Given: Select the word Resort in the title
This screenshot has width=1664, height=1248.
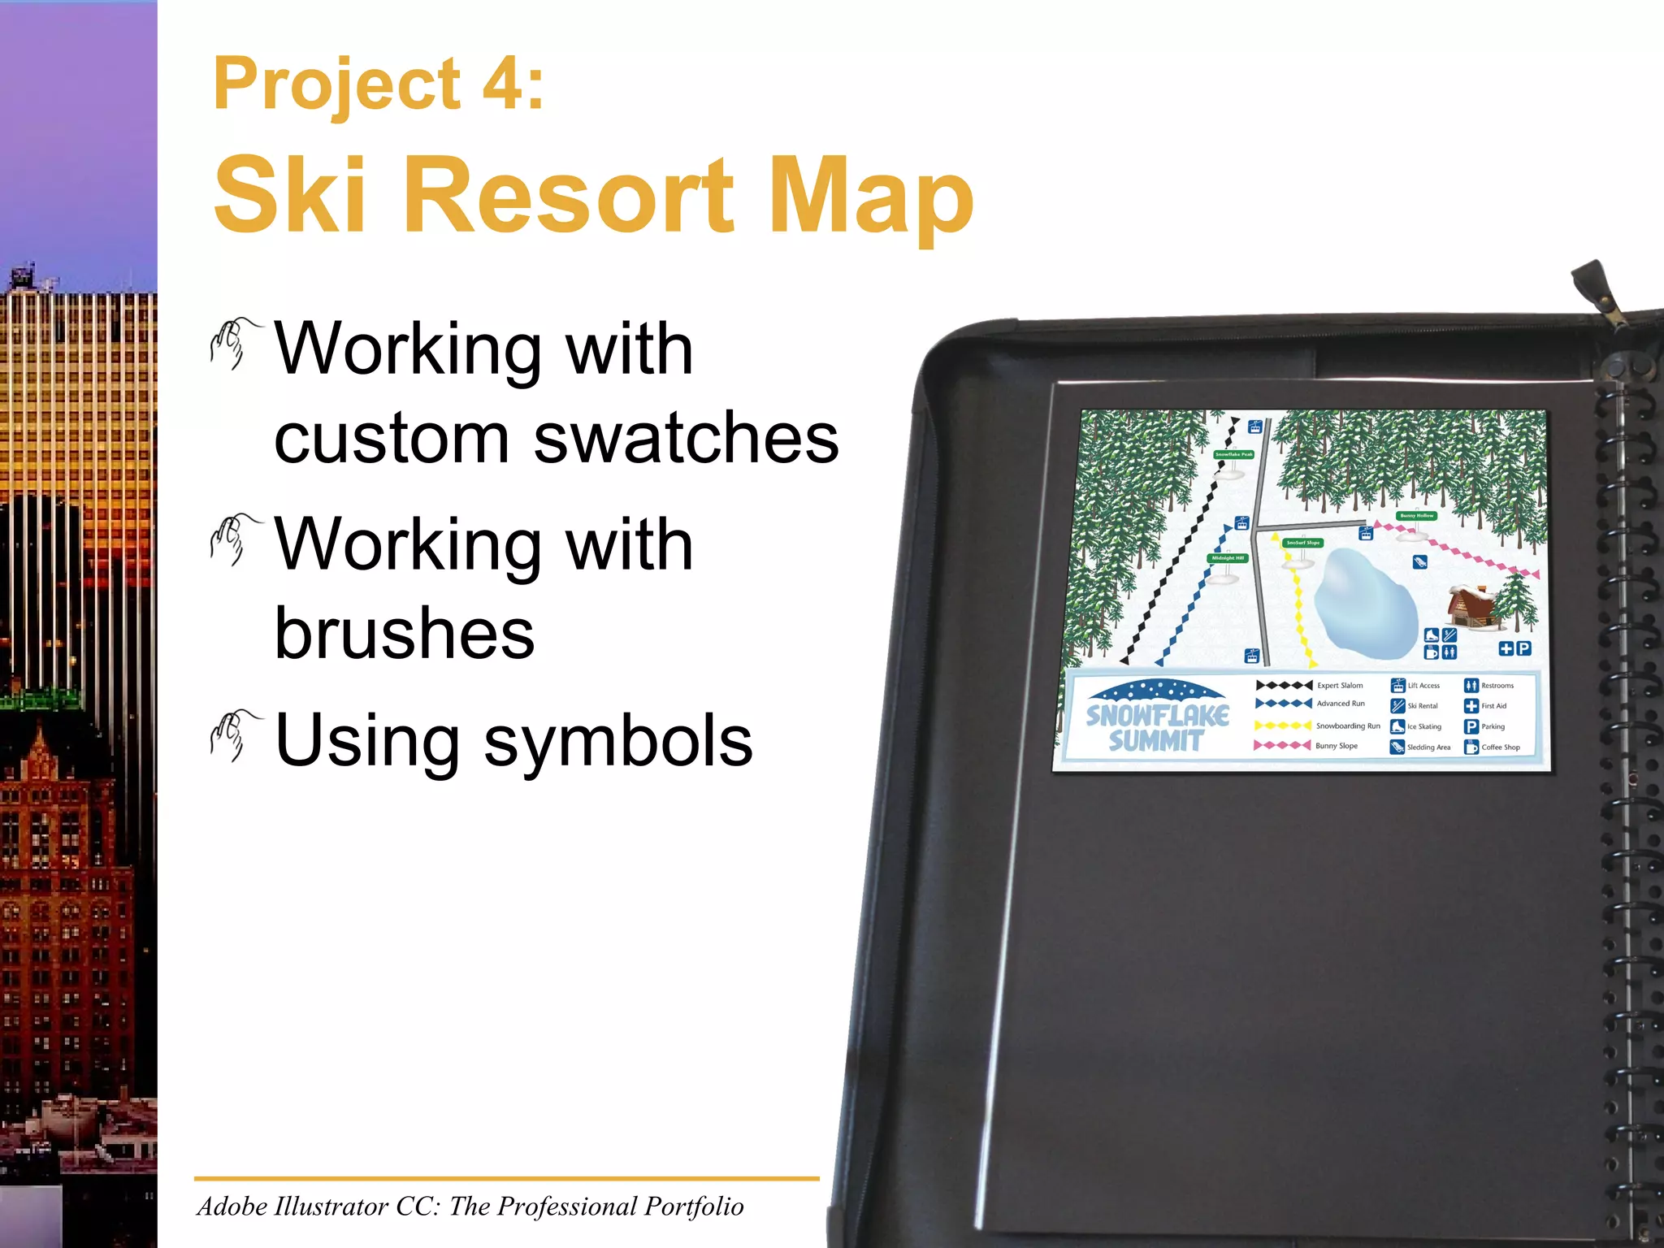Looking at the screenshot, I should [x=576, y=195].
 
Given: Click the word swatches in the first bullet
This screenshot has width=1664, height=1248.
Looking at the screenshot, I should [x=686, y=439].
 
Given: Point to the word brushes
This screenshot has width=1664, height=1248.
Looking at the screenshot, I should [x=405, y=634].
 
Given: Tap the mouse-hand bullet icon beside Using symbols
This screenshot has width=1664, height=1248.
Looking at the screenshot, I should [x=234, y=734].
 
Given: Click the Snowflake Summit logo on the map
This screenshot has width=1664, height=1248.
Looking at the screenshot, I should [x=1157, y=718].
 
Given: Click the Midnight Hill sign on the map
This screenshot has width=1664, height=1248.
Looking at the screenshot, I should [x=1228, y=558].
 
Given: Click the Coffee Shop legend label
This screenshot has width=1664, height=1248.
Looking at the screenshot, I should [x=1500, y=747].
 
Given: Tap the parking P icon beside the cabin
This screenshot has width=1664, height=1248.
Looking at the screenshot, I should [x=1523, y=648].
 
